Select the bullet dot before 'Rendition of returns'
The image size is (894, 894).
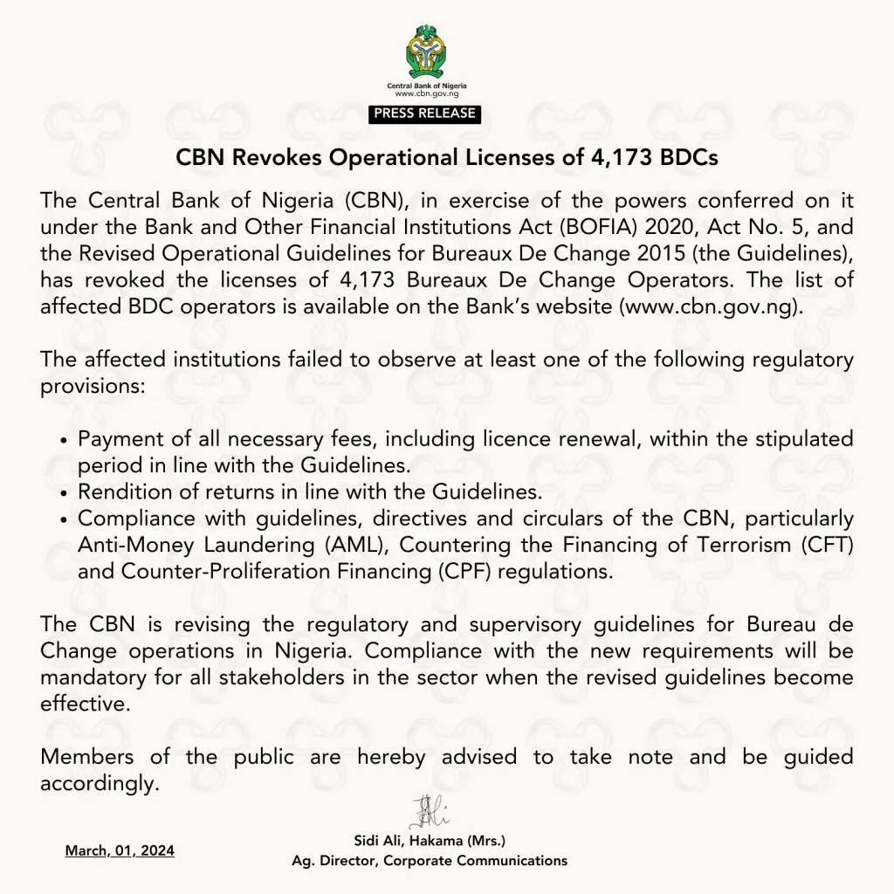click(65, 492)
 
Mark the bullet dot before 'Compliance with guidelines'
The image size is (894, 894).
click(65, 519)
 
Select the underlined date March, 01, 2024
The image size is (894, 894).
click(120, 849)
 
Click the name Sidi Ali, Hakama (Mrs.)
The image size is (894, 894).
click(430, 842)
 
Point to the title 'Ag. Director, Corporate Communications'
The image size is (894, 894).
click(430, 861)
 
